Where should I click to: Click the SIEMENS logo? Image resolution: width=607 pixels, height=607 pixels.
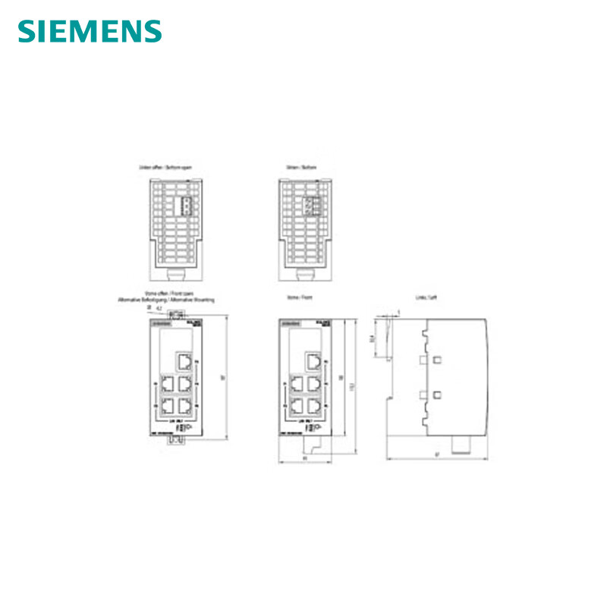click(x=90, y=31)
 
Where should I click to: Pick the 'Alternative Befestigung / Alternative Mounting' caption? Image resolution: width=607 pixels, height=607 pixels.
click(x=166, y=301)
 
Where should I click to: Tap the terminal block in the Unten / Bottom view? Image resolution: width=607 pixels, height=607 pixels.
click(x=309, y=206)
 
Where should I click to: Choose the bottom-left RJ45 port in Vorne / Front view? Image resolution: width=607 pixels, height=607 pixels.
click(x=297, y=404)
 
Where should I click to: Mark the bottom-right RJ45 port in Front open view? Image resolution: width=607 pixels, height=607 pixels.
click(x=183, y=404)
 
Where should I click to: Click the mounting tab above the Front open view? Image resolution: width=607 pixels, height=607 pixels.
click(x=177, y=313)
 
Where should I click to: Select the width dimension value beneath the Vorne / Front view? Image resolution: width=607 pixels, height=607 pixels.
click(x=304, y=458)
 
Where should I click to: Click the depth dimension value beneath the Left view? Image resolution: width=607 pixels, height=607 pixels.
click(x=437, y=455)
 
